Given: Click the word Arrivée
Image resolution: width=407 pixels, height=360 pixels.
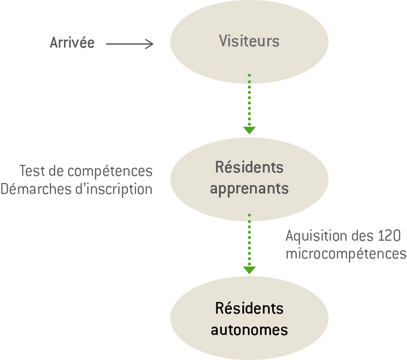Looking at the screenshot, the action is (x=72, y=43).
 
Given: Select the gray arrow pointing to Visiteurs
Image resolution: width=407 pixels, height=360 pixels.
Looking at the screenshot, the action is (x=129, y=44).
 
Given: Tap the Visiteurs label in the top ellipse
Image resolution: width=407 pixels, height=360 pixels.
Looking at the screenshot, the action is (x=249, y=41).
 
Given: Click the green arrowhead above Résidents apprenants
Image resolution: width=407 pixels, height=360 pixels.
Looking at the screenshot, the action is (x=249, y=130).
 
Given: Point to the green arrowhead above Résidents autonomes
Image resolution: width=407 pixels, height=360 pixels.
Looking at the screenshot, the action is (x=249, y=270).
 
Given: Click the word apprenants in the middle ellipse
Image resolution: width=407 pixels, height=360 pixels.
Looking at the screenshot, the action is (x=249, y=189).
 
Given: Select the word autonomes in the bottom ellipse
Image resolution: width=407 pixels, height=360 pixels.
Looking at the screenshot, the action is (x=249, y=330).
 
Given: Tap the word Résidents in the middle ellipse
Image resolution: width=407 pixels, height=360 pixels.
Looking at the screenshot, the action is (x=249, y=167).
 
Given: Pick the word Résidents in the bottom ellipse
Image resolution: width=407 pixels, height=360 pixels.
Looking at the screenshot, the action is (x=249, y=308).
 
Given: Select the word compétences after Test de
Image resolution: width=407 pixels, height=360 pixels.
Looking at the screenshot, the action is (x=110, y=172).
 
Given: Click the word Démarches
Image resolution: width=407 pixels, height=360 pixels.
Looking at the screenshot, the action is (x=36, y=189).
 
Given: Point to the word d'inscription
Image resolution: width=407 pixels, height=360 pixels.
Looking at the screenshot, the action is (x=114, y=190).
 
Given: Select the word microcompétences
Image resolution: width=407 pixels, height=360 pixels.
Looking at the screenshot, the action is (x=346, y=254).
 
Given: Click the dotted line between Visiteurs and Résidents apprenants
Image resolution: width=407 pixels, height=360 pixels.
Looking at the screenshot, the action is (x=249, y=100).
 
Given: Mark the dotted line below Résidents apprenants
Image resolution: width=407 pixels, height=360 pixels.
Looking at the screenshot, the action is (x=249, y=240).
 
